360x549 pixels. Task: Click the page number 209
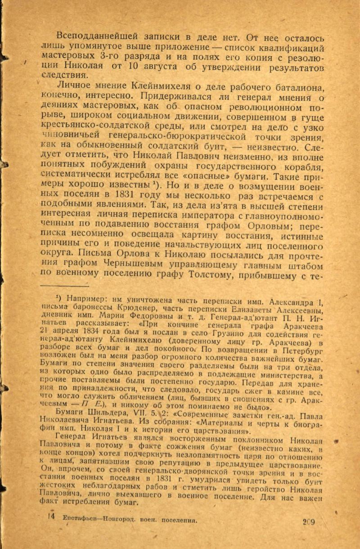tap(308, 522)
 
